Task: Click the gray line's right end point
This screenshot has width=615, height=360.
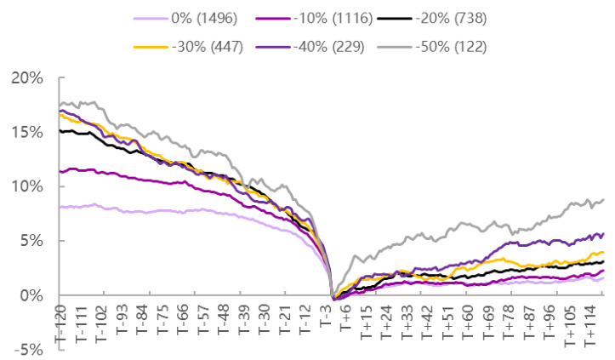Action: [604, 200]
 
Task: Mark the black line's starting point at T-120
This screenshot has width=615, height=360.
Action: [59, 130]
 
